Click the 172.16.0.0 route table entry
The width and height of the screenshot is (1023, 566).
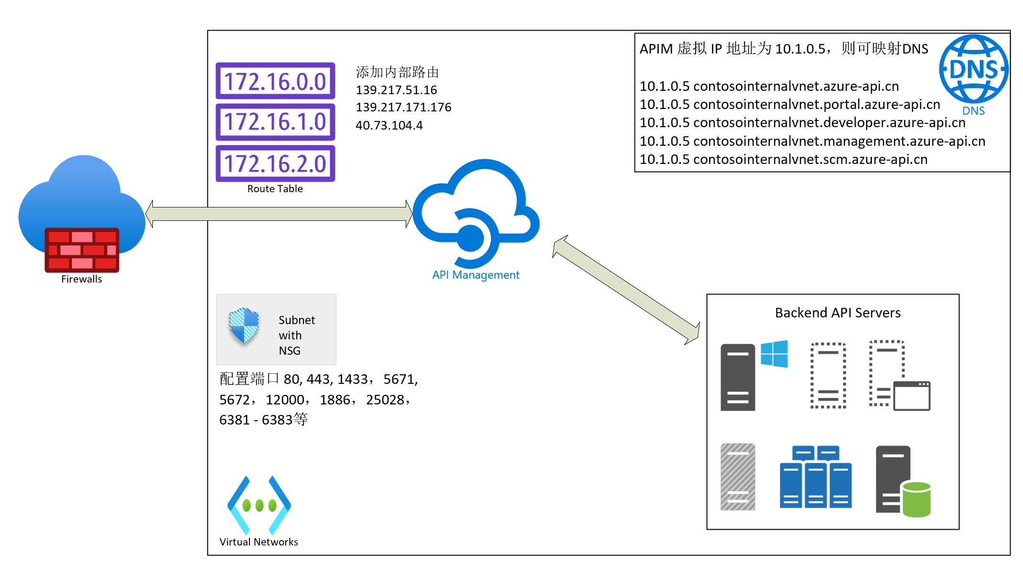coord(275,81)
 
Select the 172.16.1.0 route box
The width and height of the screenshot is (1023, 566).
coord(275,122)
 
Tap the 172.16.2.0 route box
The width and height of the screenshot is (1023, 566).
coord(275,163)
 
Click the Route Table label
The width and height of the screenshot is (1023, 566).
coord(275,189)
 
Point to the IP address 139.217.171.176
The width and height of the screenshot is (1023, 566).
coord(403,107)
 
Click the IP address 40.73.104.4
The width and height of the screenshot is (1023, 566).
coord(389,125)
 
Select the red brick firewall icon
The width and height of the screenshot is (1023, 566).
coord(82,250)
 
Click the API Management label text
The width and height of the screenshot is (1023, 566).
coord(475,275)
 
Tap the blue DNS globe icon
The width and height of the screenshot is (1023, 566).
coord(973,69)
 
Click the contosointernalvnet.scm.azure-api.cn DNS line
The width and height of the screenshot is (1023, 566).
coord(784,160)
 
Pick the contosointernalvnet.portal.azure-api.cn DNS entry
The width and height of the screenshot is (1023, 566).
coord(790,104)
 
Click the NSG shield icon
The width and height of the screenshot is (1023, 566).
coord(244,326)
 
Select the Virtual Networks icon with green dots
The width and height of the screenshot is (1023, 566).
coord(259,505)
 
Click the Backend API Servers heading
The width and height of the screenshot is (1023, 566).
coord(838,313)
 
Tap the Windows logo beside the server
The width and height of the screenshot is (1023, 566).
coord(774,354)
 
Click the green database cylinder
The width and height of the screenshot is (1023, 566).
coord(915,500)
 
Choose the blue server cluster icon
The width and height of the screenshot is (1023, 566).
coord(816,477)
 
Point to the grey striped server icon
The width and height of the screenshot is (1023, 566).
coord(738,477)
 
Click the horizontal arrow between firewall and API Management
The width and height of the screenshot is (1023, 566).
coord(279,214)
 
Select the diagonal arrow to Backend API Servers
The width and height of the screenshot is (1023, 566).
coord(626,290)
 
